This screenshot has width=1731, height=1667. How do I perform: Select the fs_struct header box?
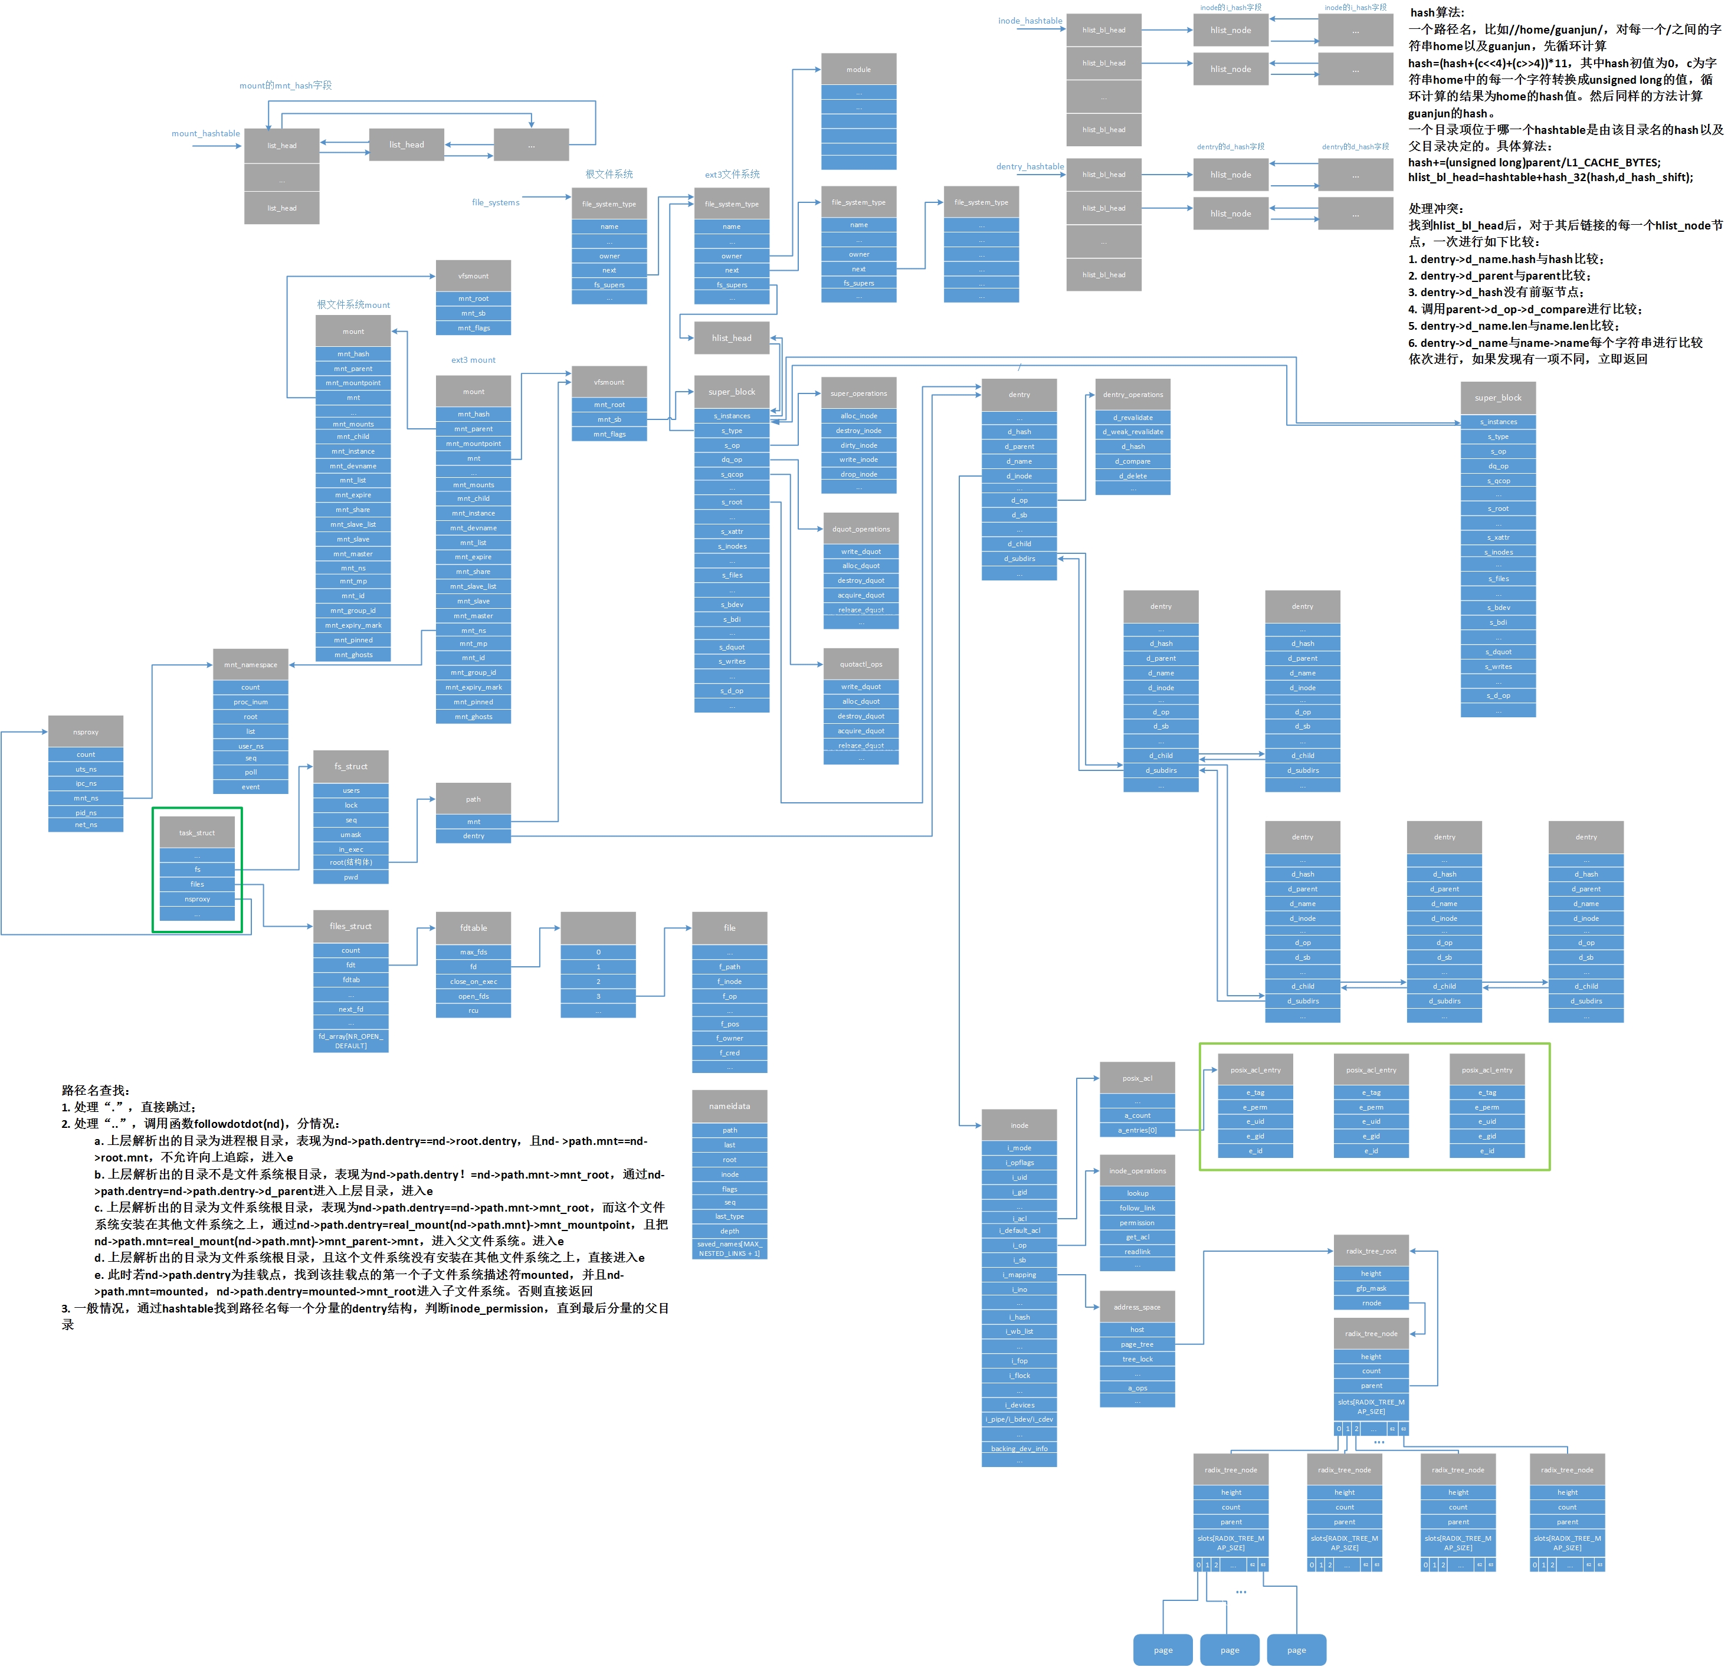click(x=350, y=766)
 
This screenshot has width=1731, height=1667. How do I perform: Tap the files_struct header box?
click(x=350, y=926)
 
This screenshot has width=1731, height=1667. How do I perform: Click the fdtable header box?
click(x=473, y=927)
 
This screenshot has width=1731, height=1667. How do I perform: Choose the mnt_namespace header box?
click(x=251, y=664)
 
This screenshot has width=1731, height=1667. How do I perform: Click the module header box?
click(x=858, y=69)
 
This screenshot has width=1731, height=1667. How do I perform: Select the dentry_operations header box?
click(x=1133, y=394)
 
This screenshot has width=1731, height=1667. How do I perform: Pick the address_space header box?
click(x=1137, y=1307)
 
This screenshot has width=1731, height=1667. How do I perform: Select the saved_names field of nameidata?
click(x=729, y=1249)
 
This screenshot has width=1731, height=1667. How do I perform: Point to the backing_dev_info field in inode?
click(x=1019, y=1448)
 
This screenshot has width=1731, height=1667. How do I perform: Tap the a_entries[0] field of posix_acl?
click(x=1137, y=1130)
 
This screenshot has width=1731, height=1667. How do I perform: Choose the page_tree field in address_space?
click(x=1137, y=1344)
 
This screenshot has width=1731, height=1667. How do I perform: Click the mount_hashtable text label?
click(x=206, y=133)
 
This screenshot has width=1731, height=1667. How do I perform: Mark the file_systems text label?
click(x=496, y=202)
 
